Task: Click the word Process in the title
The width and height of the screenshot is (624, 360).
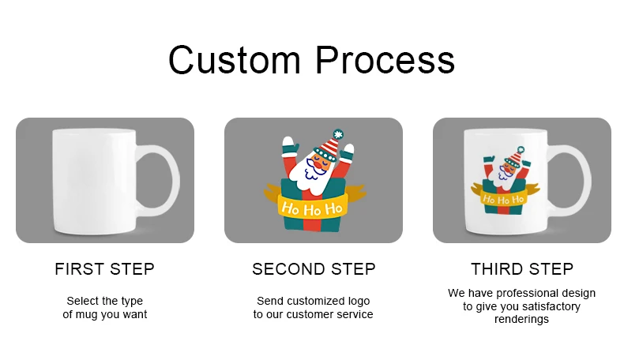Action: tap(386, 60)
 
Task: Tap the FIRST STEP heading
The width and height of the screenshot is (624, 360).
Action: tap(104, 269)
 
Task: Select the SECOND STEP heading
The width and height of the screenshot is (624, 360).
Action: tap(314, 269)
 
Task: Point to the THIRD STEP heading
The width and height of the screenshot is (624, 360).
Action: tap(522, 269)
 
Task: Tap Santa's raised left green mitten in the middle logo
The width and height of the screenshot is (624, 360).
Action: tap(288, 146)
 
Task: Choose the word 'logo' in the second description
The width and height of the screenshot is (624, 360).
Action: tap(357, 301)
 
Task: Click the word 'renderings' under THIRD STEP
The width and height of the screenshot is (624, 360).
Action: tap(521, 320)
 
